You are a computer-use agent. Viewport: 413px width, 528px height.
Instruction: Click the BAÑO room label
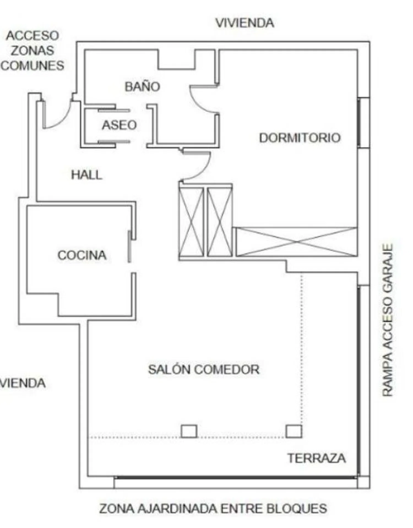[142, 86]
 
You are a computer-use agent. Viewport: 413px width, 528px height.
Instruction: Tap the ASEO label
[119, 125]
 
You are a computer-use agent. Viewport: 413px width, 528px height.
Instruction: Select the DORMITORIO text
[300, 138]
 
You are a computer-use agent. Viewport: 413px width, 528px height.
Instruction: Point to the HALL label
[87, 175]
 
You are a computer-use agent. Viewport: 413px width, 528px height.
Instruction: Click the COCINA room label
[82, 255]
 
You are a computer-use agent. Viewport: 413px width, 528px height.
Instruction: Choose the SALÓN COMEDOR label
[204, 369]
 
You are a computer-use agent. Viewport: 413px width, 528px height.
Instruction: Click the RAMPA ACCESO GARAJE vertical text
[388, 320]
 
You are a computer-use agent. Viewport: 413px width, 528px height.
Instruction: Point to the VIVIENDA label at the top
[245, 23]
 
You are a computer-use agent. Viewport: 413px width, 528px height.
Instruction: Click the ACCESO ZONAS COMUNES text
[32, 51]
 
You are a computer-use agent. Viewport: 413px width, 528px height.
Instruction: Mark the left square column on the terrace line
[189, 431]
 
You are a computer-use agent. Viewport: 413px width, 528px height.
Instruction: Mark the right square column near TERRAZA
[294, 431]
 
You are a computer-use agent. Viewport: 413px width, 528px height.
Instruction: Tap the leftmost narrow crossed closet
[191, 222]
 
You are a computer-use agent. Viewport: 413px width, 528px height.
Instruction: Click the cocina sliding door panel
[129, 247]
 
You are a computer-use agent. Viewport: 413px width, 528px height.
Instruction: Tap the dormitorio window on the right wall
[359, 123]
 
